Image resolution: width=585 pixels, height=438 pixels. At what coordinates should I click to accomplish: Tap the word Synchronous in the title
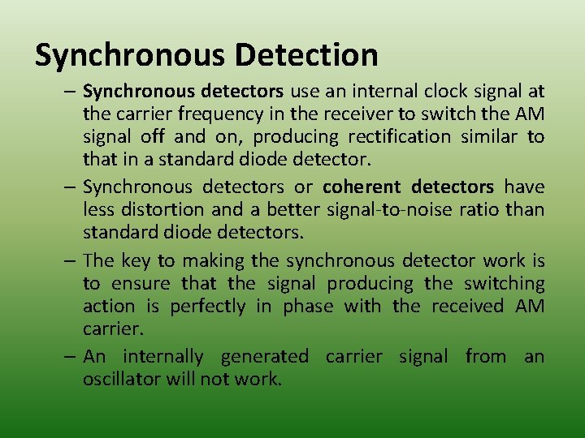click(130, 55)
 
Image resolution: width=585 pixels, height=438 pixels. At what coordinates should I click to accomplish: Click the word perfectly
click(207, 306)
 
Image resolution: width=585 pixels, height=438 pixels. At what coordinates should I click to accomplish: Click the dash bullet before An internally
click(71, 356)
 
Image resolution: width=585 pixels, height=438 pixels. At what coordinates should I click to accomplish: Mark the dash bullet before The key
click(71, 260)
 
